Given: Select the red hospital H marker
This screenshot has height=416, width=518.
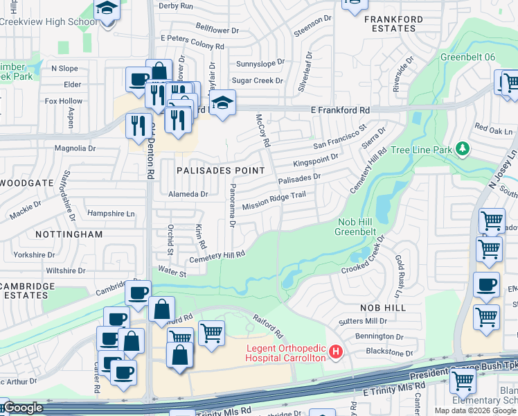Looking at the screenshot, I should [x=336, y=352].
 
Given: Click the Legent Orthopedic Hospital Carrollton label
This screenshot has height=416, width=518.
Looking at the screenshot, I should [x=285, y=352].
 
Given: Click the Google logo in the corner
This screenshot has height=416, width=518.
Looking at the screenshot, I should [x=22, y=408].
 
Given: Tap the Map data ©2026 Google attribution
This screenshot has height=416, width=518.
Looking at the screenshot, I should [x=476, y=410].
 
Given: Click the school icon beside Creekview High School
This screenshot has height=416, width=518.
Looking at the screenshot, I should [x=107, y=10].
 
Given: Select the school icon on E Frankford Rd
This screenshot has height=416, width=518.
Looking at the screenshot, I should [x=222, y=103].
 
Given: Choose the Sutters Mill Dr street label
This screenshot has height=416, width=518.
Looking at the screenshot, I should [x=362, y=321].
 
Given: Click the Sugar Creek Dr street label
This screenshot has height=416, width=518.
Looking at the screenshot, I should [x=259, y=80].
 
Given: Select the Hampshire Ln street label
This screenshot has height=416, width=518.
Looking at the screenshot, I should [x=111, y=214].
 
